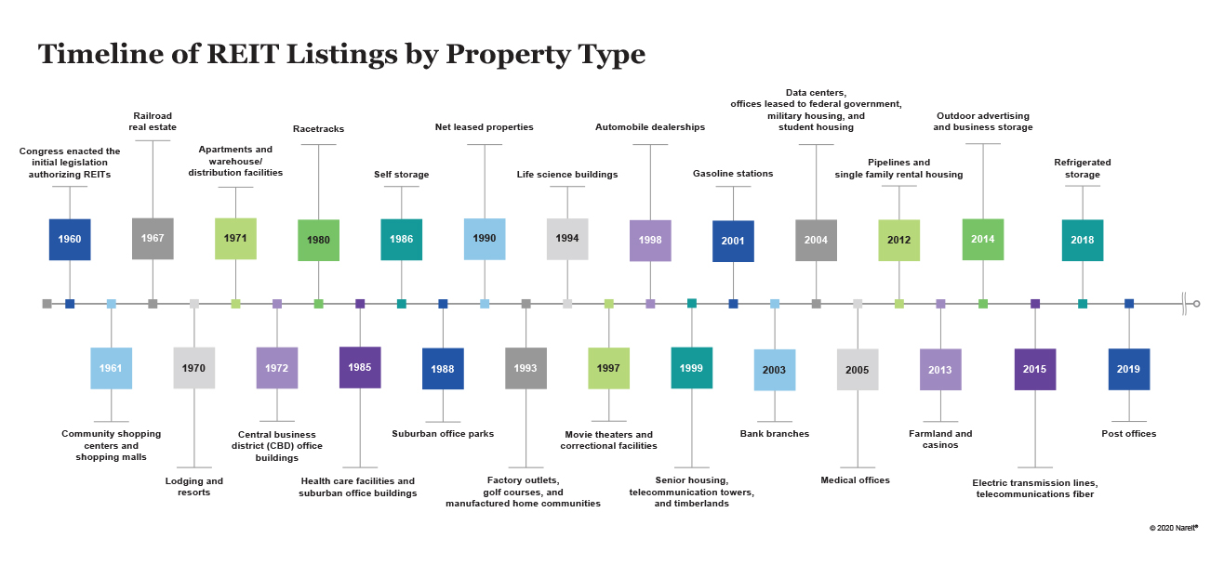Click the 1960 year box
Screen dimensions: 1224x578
[x=70, y=240]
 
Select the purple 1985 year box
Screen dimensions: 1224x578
[x=360, y=367]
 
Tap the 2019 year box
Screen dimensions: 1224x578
[x=1129, y=370]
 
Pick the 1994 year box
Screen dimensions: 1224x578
[x=567, y=239]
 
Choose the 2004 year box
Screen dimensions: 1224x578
[x=816, y=240]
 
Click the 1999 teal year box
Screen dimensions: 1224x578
[x=691, y=368]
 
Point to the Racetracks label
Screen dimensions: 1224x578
[x=319, y=129]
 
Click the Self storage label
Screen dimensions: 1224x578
[x=401, y=175]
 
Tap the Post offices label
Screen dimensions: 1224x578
[x=1129, y=434]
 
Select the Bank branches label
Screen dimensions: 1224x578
[x=774, y=434]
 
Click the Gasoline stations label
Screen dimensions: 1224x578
[x=733, y=174]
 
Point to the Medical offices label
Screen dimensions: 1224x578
[x=855, y=480]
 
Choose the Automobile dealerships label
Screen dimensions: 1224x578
[x=650, y=127]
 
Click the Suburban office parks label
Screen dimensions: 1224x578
[x=443, y=434]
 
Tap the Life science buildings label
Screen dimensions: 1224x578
[x=567, y=175]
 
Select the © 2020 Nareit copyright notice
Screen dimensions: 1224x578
[x=1174, y=528]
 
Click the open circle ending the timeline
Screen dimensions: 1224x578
[x=1196, y=304]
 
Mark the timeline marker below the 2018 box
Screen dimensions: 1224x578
[x=1083, y=304]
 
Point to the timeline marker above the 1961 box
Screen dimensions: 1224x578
[x=111, y=304]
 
